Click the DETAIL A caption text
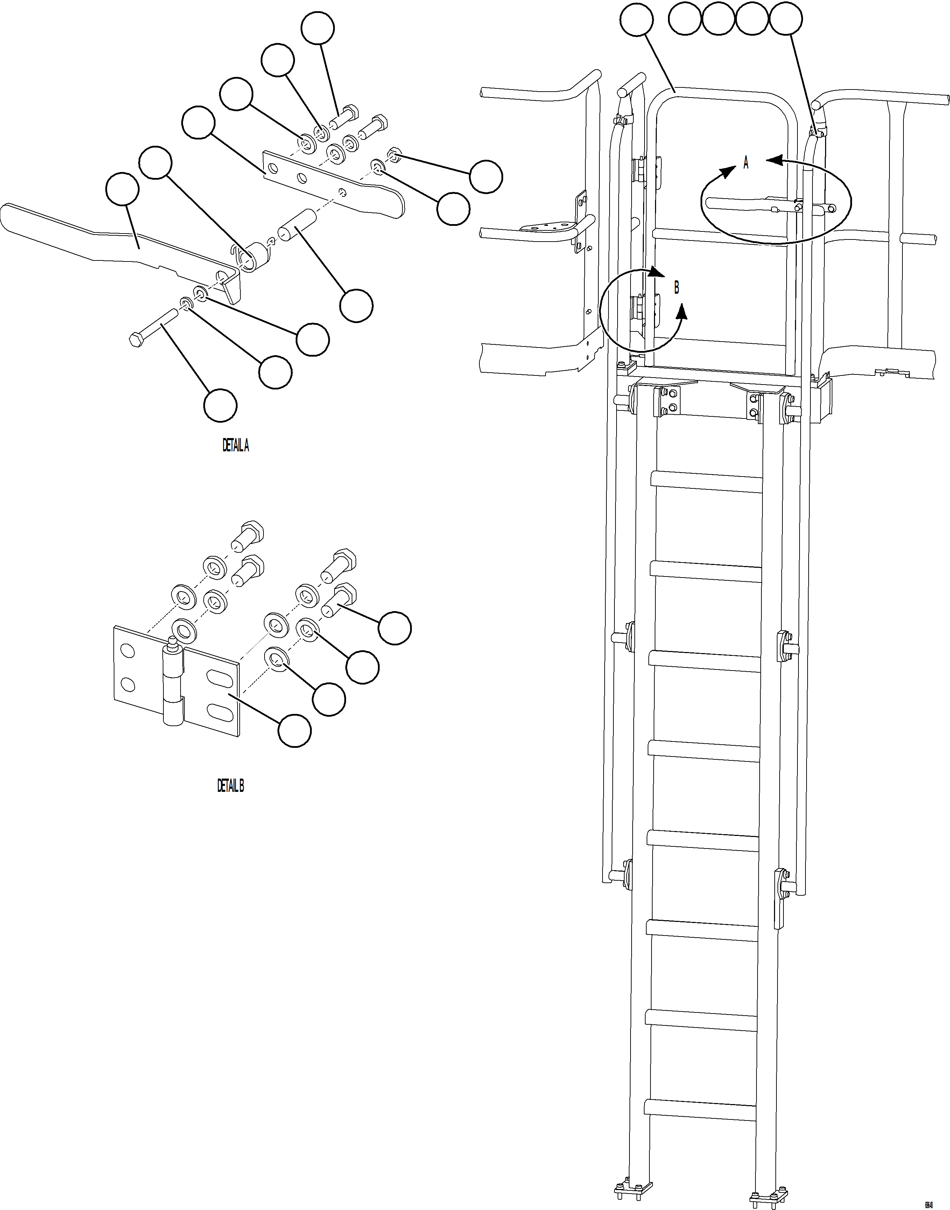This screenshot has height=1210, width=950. click(236, 446)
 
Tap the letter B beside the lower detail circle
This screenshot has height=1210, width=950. click(676, 288)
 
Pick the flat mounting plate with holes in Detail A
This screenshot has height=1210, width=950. click(334, 184)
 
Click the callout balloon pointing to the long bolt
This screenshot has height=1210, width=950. click(220, 406)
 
